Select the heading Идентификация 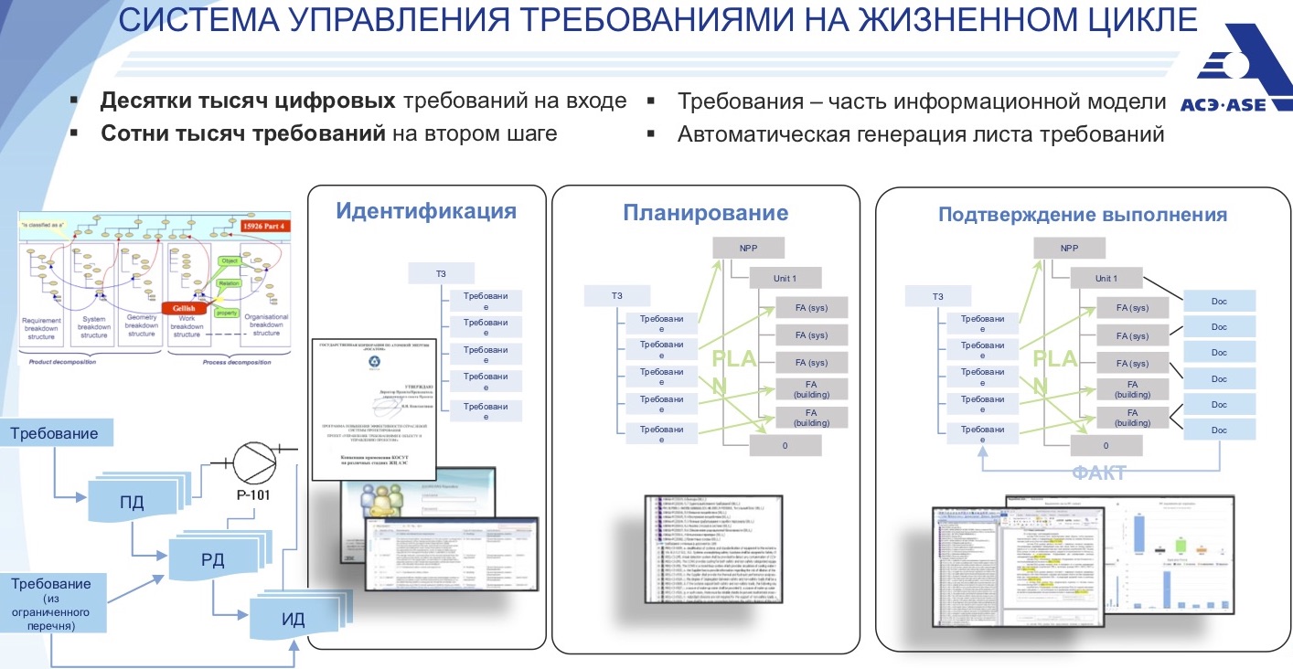tap(426, 211)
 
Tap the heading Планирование tap(705, 213)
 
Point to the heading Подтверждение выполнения tap(1082, 216)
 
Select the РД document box tap(213, 557)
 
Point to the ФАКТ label tap(1098, 473)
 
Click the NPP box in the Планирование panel tap(749, 248)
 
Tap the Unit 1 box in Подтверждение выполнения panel tap(1106, 278)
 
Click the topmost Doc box tap(1219, 301)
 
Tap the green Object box tap(230, 262)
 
